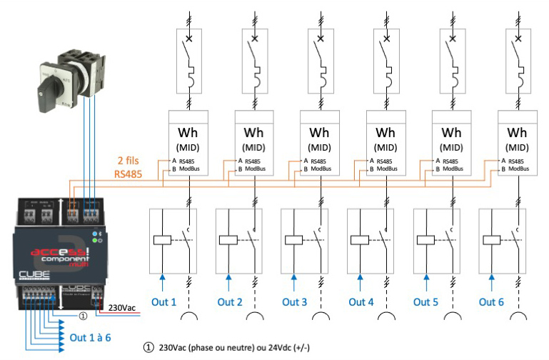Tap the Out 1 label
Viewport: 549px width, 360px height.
click(163, 302)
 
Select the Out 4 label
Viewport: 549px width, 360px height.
click(361, 302)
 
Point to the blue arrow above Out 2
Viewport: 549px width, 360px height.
click(228, 283)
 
